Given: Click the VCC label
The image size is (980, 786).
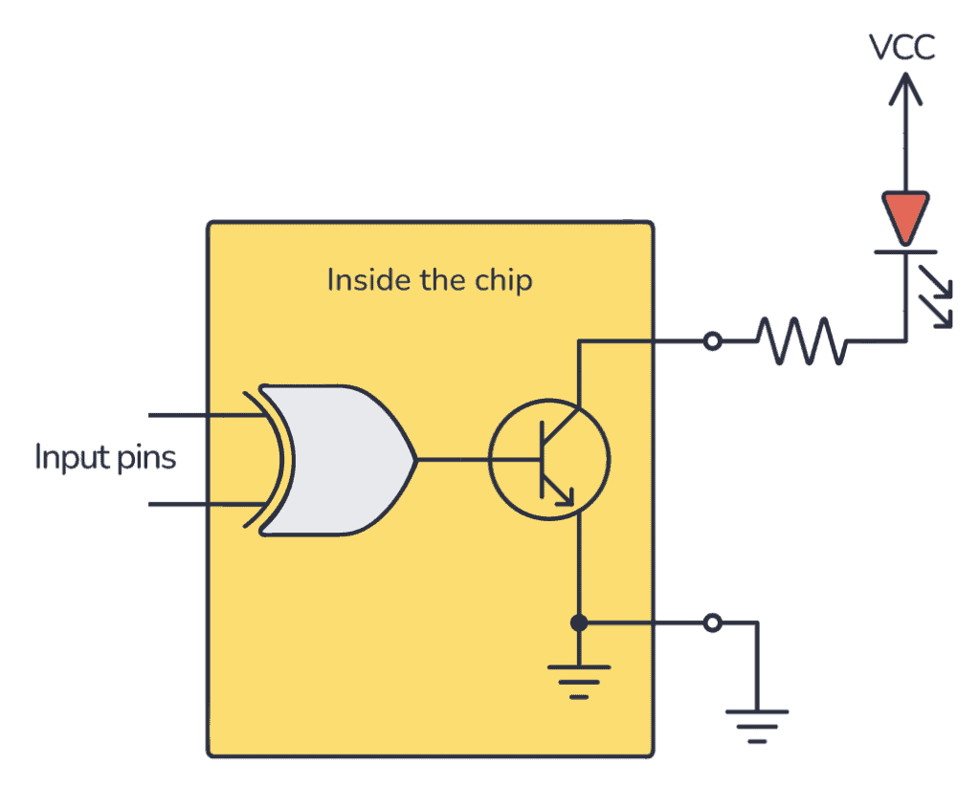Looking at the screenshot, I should (x=902, y=47).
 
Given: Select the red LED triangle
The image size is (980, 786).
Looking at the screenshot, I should (x=903, y=216).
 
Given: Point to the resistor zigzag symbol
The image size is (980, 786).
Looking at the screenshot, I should (x=802, y=341).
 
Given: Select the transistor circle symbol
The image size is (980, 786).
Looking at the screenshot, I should (x=548, y=460).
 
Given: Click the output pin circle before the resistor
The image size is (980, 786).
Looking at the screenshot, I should (x=711, y=341).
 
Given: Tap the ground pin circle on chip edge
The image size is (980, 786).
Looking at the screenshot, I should (x=711, y=623).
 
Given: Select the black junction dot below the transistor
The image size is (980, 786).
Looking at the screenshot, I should (x=578, y=623).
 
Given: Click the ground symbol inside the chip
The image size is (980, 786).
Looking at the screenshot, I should (x=578, y=682).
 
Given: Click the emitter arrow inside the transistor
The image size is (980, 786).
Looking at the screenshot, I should (x=563, y=493).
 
